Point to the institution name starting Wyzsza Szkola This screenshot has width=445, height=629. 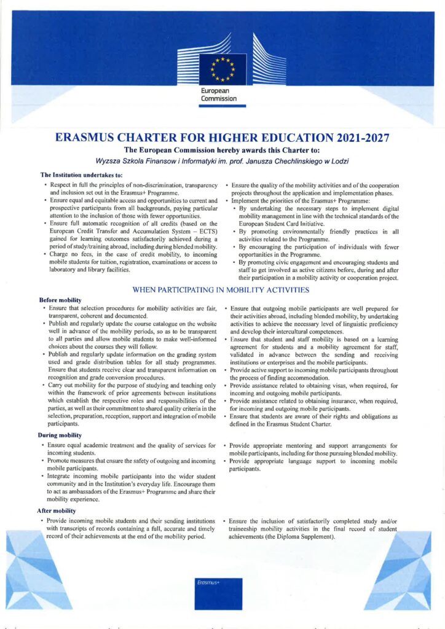tap(222, 161)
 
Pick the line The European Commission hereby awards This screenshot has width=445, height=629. tap(222, 149)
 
